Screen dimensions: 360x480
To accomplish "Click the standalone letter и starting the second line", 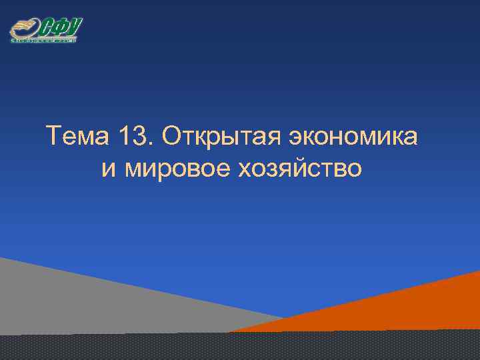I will (x=109, y=169).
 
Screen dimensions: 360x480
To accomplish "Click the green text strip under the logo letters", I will (x=44, y=41).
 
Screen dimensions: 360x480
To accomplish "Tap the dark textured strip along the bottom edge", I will (x=240, y=347).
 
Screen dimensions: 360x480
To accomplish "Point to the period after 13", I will (x=151, y=145).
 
